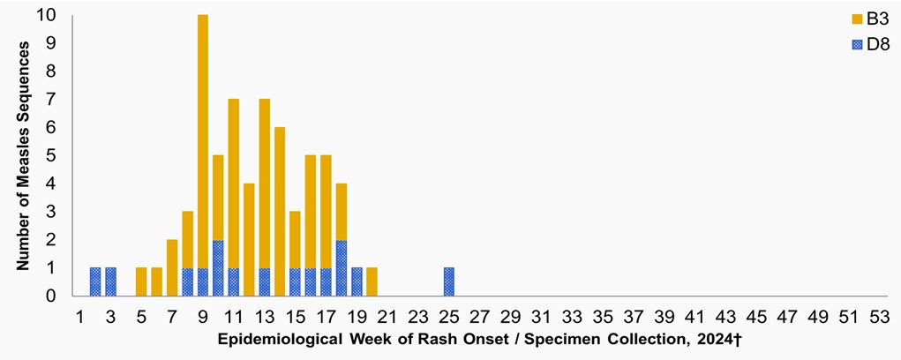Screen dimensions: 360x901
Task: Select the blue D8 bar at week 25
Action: [x=448, y=281]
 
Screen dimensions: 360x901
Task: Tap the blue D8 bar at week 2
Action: [x=95, y=281]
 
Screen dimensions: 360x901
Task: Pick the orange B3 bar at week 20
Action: [x=372, y=281]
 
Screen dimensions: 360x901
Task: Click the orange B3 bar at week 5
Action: [x=141, y=281]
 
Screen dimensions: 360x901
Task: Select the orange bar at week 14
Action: [x=280, y=212]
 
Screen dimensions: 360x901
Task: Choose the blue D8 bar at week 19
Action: [x=357, y=281]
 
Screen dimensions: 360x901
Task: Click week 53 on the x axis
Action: [x=879, y=315]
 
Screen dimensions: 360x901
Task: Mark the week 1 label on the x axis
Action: [x=80, y=315]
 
